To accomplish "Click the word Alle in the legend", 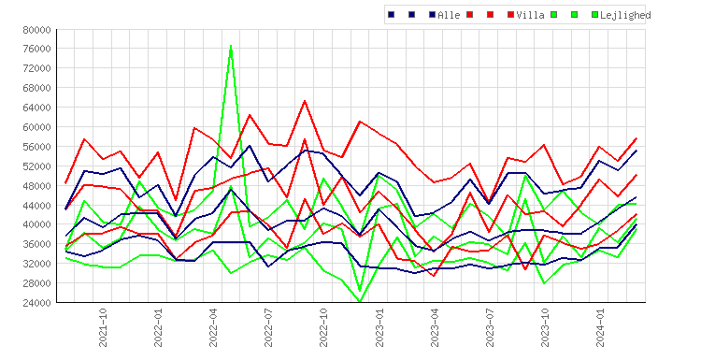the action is click(x=449, y=15).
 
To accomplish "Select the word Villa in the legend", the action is click(x=530, y=15).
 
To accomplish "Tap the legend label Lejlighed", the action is click(x=625, y=15).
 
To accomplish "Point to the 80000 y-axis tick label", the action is click(x=37, y=30).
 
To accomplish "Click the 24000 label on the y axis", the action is click(x=37, y=303).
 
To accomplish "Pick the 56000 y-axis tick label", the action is click(x=37, y=147).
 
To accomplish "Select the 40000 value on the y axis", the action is click(x=37, y=224).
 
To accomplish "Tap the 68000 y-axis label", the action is click(x=37, y=88).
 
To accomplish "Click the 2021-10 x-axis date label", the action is click(x=103, y=327).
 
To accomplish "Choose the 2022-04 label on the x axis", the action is click(x=213, y=327).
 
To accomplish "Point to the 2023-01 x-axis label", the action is click(x=379, y=327).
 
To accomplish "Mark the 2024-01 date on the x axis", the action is click(x=600, y=327).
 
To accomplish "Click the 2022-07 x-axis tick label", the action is click(x=268, y=327).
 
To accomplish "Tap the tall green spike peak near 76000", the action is click(x=231, y=46).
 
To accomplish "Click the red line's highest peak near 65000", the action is click(x=305, y=101).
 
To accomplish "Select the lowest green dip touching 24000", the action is click(x=360, y=301).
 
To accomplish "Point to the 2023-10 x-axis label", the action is click(x=545, y=327).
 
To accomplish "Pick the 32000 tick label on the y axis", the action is click(x=37, y=264).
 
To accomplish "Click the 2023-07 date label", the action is click(x=490, y=327).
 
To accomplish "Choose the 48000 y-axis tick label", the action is click(x=37, y=185).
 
